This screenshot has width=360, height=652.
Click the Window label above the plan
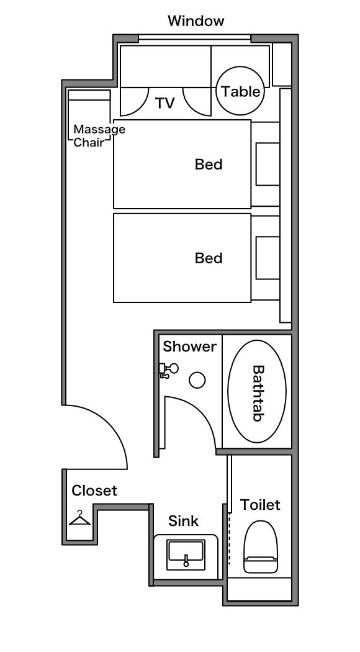point(196,20)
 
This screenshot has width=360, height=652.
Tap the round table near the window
point(240,91)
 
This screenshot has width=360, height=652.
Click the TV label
point(165,103)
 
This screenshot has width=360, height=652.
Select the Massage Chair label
point(99,135)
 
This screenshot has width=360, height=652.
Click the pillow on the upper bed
point(268,164)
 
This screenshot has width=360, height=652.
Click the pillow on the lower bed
point(268,258)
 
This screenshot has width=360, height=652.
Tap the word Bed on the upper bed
point(209,165)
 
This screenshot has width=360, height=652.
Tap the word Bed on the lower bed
point(209,258)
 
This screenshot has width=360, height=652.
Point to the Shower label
point(189,346)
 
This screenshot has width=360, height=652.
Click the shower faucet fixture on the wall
point(168,370)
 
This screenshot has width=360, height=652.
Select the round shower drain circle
point(197,380)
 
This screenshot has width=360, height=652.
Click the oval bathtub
point(258,392)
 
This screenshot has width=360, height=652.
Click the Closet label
point(94,491)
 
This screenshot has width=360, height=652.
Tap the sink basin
point(186,555)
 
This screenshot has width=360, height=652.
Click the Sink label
point(183,521)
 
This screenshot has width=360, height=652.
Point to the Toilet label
point(260,505)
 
